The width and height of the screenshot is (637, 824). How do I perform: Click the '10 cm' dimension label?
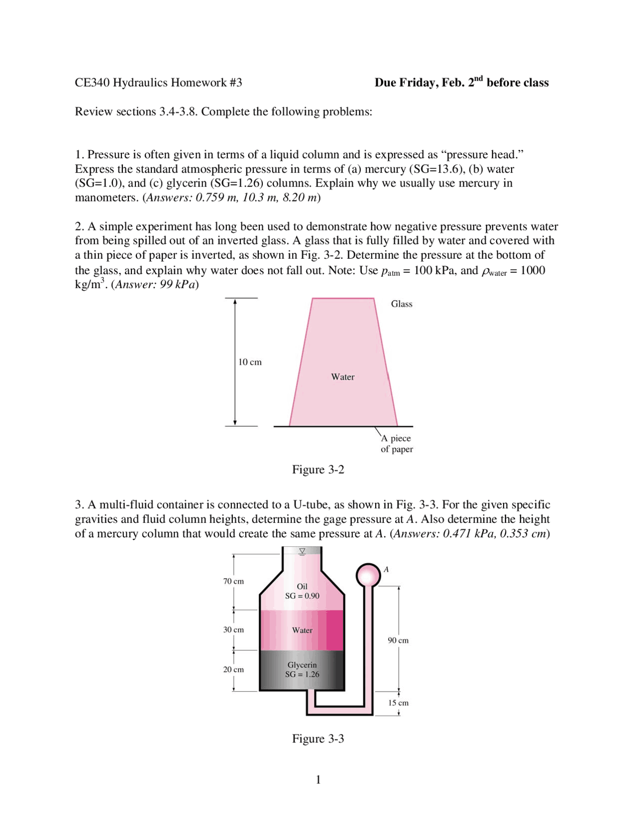coord(250,362)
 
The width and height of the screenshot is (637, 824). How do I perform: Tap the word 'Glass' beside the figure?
coord(401,304)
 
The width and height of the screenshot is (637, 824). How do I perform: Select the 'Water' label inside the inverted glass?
coord(342,377)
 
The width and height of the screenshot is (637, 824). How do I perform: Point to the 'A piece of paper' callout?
coord(397,443)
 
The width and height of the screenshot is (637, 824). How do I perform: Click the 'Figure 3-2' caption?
coord(318,470)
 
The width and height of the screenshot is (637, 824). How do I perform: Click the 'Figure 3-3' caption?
coord(318,738)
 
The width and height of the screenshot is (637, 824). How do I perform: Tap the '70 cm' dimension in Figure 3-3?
coord(233,581)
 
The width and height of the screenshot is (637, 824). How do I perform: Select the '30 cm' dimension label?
coord(233,630)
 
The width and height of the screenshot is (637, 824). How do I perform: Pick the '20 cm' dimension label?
coord(233,670)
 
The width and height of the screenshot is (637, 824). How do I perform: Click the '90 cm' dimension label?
coord(398,640)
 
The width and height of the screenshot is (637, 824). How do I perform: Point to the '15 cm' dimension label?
coord(398,703)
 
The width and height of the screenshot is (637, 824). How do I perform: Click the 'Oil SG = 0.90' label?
coord(302,591)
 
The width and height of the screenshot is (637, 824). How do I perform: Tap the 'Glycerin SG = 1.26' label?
coord(302,670)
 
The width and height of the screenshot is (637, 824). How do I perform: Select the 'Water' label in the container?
coord(302,630)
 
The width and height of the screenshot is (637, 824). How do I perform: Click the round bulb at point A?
coord(368,575)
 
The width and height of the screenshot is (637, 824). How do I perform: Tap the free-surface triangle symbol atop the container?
coord(302,551)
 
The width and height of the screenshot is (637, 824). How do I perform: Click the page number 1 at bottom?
coord(318,780)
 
